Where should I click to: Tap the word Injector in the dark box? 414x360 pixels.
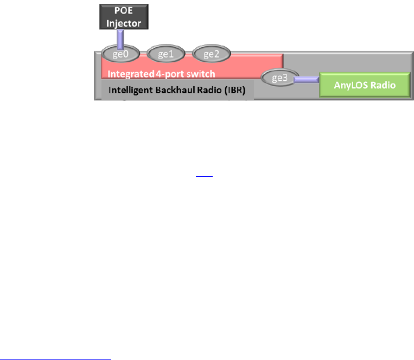coord(119,23)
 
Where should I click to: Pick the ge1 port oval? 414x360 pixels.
coord(166,54)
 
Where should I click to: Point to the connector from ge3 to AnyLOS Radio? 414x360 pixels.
coord(307,80)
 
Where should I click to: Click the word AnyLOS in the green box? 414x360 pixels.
coord(351,86)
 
